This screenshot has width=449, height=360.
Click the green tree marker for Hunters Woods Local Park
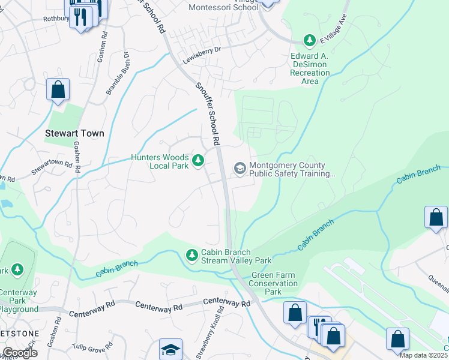point(198,161)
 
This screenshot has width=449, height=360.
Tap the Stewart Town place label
point(75,133)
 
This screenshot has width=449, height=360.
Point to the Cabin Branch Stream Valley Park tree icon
point(191,255)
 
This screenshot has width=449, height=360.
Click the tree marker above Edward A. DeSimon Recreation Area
point(310,40)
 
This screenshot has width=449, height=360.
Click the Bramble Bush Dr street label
point(118,73)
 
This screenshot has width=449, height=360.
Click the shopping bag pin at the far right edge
point(436,218)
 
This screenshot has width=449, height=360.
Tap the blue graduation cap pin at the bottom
point(170,350)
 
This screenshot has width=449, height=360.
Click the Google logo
point(19,353)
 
